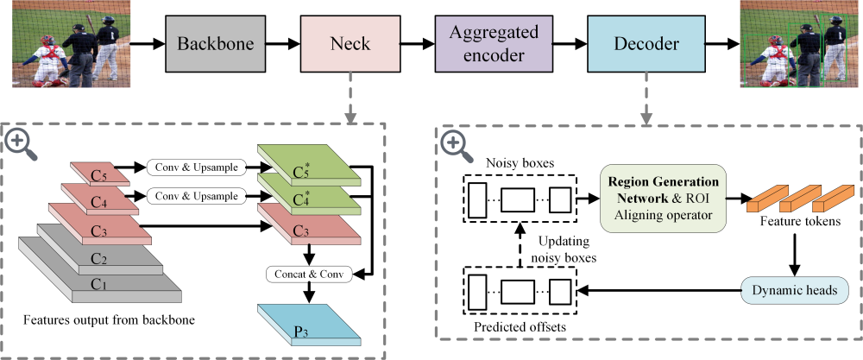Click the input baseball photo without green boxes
(65, 43)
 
